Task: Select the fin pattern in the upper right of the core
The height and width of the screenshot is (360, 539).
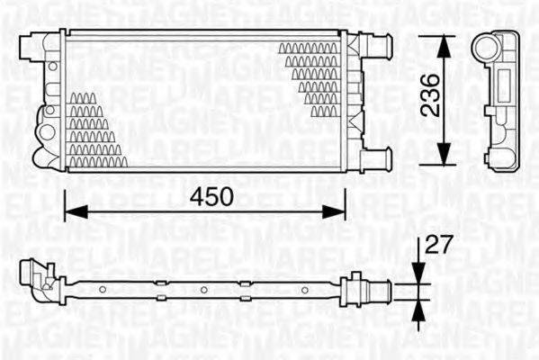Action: [310, 76]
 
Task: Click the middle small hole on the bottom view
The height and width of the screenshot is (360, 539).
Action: [204, 289]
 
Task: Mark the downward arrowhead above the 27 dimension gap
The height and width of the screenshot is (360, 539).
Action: [417, 275]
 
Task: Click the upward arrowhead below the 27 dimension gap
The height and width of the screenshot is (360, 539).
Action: [417, 304]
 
